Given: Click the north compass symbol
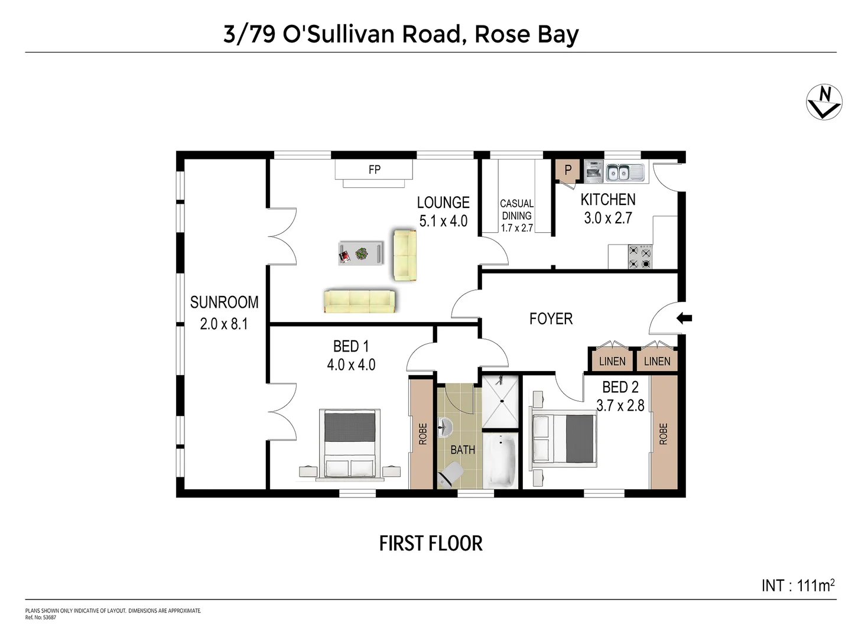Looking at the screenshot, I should click(x=824, y=102).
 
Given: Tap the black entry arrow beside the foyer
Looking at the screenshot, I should click(x=684, y=318).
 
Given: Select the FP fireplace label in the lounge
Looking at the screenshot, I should click(x=374, y=170).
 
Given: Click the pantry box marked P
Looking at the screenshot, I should click(x=568, y=171).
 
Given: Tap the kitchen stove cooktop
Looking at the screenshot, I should click(x=640, y=258).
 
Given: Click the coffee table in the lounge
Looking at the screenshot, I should click(x=361, y=253).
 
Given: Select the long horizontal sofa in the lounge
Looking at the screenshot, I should click(x=359, y=301).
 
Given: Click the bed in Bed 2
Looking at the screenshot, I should click(x=564, y=438).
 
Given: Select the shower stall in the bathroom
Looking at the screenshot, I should click(x=501, y=401).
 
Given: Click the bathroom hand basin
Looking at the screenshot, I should click(x=446, y=425).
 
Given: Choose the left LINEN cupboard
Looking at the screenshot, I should click(x=612, y=361).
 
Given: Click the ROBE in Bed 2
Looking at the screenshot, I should click(x=663, y=433).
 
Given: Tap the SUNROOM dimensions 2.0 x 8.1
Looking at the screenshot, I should click(x=224, y=324).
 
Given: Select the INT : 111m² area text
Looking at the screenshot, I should click(x=798, y=585).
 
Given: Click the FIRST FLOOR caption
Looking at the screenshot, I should click(x=431, y=543).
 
